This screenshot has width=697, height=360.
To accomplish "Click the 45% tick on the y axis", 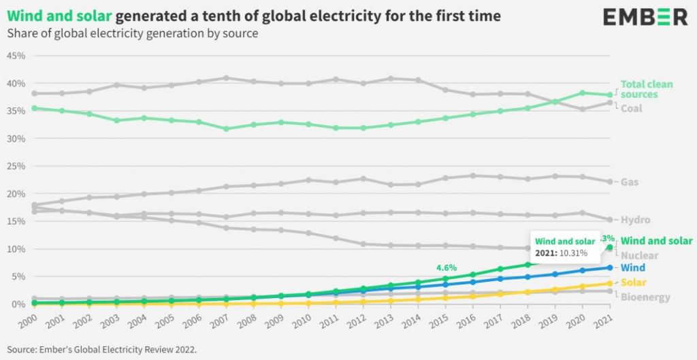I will [16, 56].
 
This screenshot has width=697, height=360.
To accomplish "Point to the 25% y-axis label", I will [16, 166].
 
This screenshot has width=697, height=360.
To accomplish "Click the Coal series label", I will [631, 108].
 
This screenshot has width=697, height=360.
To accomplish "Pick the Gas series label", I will [629, 182].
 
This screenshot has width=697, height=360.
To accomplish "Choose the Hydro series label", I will [635, 220].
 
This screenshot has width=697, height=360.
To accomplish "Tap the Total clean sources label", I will [646, 89].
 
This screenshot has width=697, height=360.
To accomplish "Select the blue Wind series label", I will [633, 268].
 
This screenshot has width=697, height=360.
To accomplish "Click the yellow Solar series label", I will [633, 282].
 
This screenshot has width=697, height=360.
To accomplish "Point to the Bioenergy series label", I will [645, 297].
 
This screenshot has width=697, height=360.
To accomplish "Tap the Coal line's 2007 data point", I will [226, 78].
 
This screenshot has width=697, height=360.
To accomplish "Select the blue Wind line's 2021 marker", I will [610, 267].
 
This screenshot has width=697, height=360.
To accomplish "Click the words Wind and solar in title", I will [59, 16].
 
